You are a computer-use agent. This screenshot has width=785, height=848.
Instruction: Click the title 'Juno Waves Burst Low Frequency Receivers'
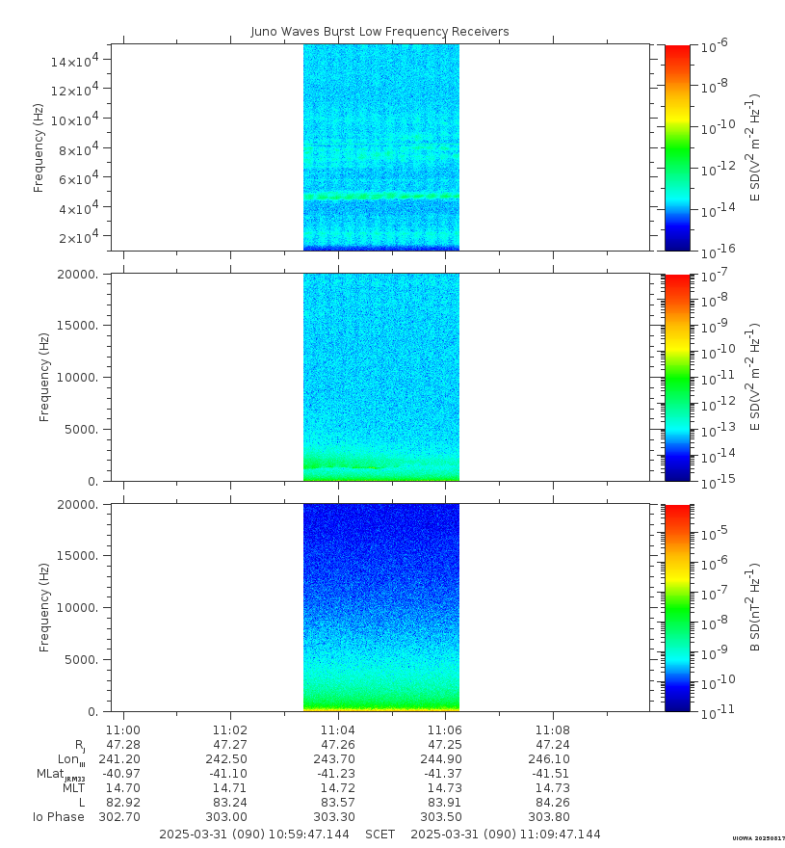[x=379, y=32]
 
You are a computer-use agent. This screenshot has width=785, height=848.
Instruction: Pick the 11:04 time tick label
[x=337, y=730]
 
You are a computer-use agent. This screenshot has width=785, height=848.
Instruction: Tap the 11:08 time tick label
[x=552, y=730]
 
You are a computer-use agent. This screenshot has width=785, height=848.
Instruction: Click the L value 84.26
[x=552, y=803]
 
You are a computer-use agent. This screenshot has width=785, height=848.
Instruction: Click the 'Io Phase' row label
[x=59, y=817]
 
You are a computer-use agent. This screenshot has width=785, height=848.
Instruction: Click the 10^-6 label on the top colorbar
[x=713, y=46]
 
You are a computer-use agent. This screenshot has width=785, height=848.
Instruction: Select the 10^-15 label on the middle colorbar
[x=713, y=481]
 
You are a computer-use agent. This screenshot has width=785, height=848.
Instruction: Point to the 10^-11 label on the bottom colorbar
[x=713, y=711]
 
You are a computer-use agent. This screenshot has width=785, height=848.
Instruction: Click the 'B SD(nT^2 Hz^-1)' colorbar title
[x=756, y=607]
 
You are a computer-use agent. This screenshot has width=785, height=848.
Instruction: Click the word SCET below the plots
[x=380, y=835]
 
